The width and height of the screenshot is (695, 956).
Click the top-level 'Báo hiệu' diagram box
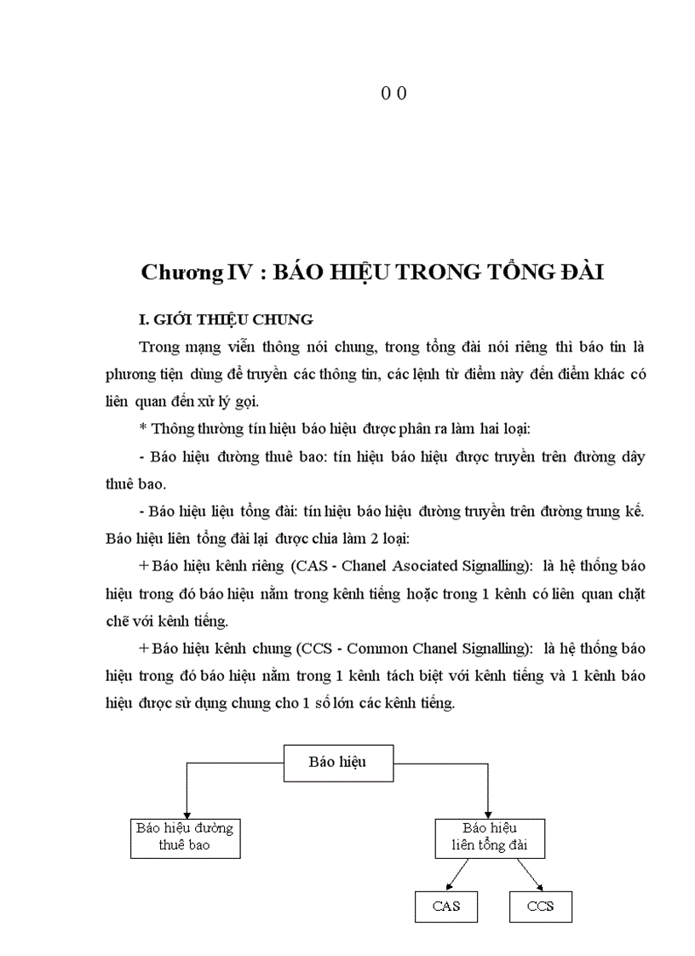[x=337, y=762]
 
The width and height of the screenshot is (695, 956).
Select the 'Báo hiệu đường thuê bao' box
[x=185, y=837]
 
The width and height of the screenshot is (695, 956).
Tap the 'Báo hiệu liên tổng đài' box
[x=489, y=837]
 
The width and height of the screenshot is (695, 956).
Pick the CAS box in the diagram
[x=445, y=907]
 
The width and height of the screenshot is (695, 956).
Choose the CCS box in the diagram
[x=540, y=907]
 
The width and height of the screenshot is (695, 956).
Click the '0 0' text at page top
[x=393, y=94]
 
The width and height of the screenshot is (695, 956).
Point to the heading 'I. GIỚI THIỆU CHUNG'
[x=226, y=320]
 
